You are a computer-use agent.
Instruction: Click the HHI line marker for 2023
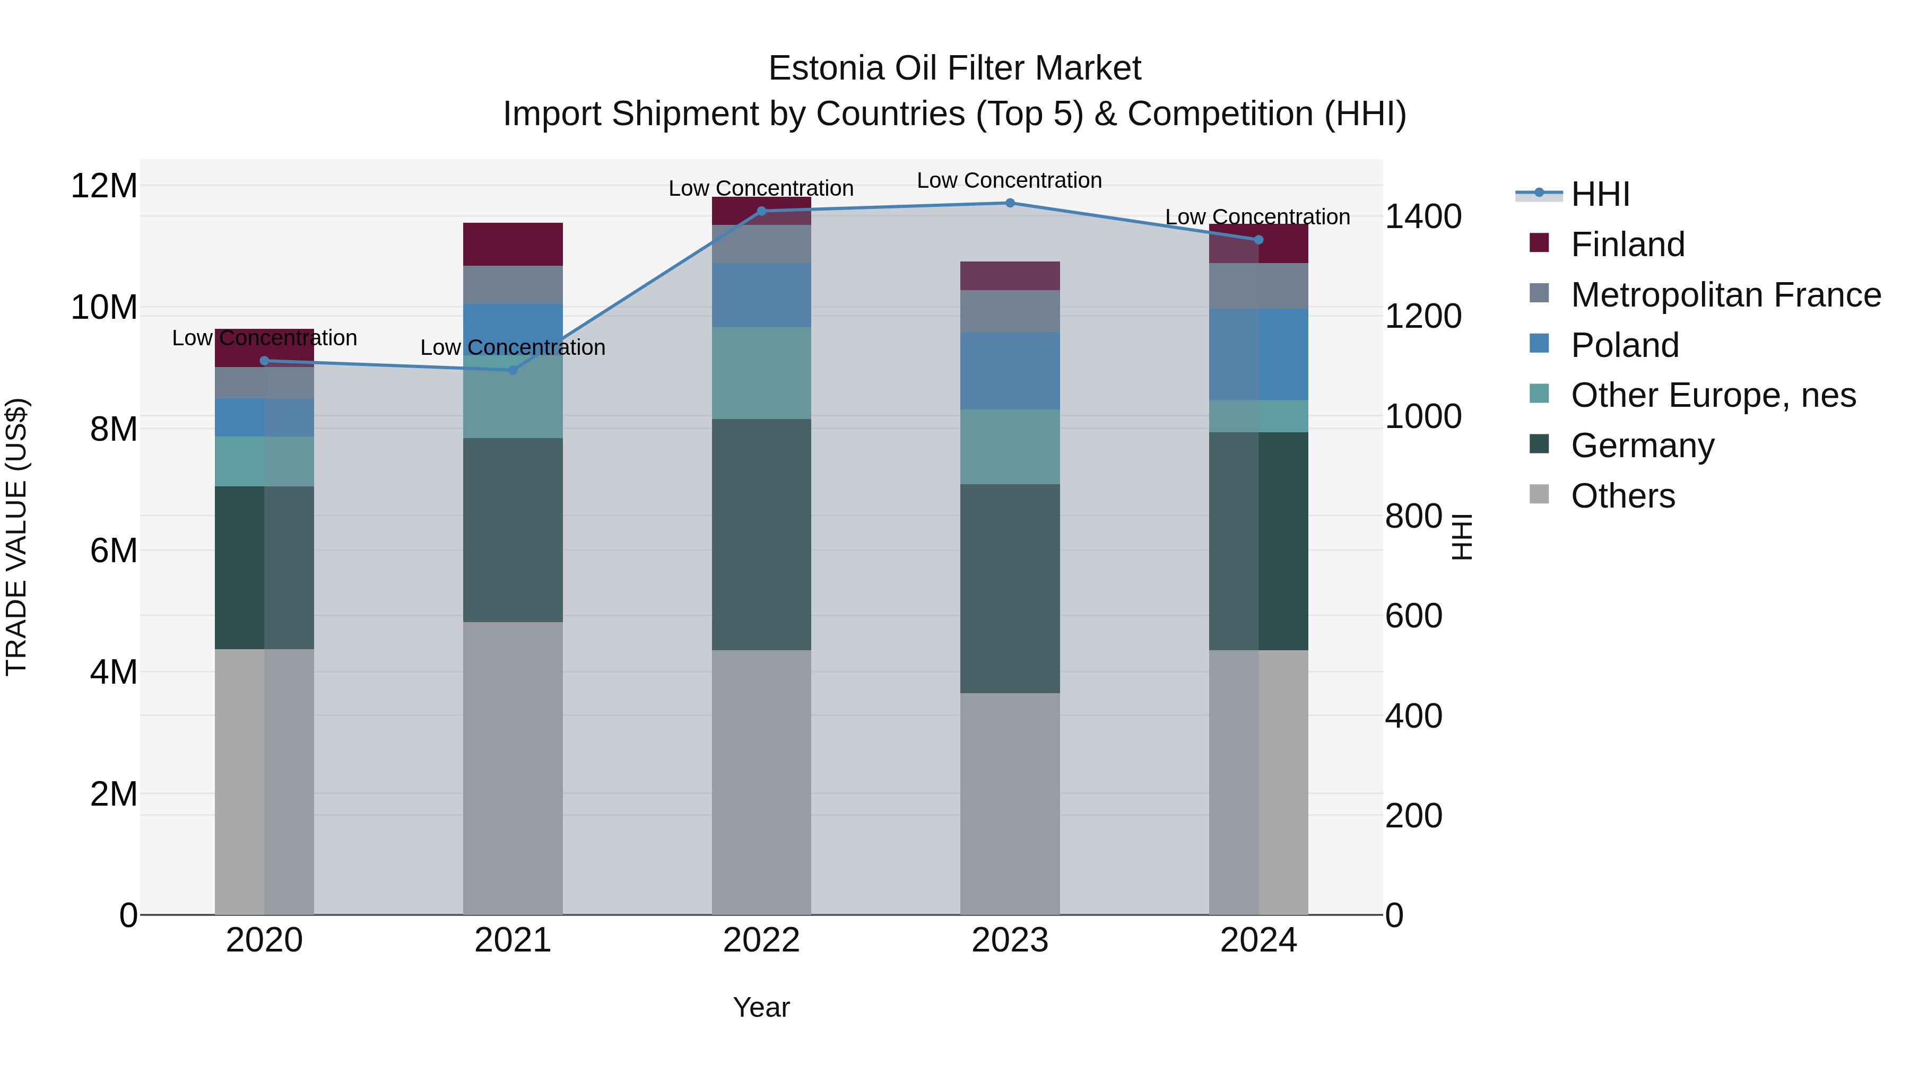click(1009, 203)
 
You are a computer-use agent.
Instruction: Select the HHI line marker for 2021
click(513, 370)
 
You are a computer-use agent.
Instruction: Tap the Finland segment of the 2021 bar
click(513, 244)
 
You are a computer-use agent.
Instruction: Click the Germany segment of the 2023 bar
click(1009, 589)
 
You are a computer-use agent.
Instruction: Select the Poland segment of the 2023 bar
click(1009, 371)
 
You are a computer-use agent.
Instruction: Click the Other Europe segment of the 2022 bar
click(761, 373)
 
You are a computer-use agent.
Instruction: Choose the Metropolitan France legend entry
click(1725, 295)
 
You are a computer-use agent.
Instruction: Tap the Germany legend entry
click(1642, 446)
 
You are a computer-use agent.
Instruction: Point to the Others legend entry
click(1622, 496)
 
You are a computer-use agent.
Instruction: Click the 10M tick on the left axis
click(104, 307)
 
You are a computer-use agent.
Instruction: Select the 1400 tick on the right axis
click(1422, 216)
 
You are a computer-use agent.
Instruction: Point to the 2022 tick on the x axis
click(761, 940)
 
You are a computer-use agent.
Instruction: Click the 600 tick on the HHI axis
click(1413, 616)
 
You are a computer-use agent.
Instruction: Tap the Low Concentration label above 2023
click(1009, 180)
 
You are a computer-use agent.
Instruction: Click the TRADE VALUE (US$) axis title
click(16, 537)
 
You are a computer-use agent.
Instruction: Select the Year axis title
click(761, 1007)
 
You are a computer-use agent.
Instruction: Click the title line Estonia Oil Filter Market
click(954, 68)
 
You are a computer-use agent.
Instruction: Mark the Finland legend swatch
click(1539, 243)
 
